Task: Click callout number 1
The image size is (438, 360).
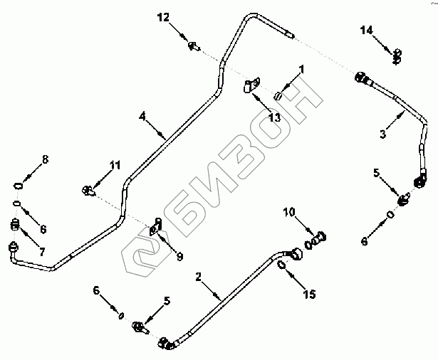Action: point(301,69)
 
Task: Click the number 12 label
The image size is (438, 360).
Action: point(164,16)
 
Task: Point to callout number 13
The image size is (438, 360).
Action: point(274,116)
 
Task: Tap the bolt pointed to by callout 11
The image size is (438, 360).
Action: point(88,190)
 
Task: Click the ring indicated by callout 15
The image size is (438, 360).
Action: point(283,266)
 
